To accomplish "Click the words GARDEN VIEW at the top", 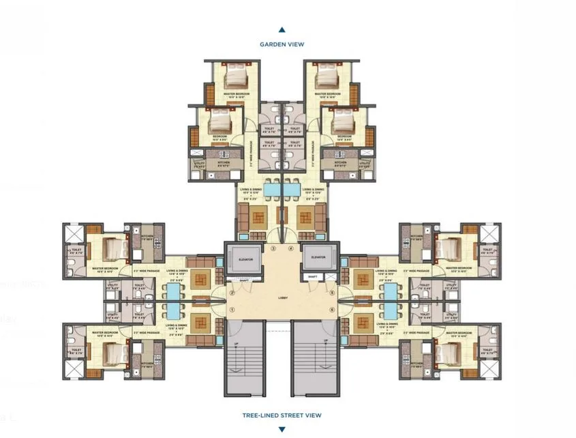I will [282, 44].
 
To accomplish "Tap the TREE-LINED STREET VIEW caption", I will [282, 415].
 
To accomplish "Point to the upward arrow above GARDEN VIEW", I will [282, 30].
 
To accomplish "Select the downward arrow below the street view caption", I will [282, 429].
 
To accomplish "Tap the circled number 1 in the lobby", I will [232, 310].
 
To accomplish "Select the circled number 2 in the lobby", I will [232, 293].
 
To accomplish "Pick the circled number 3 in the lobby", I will [273, 249].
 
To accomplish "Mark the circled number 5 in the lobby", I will [332, 293].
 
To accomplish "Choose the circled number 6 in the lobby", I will [332, 310].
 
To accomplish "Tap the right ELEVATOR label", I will [318, 257].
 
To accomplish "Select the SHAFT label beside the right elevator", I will [312, 276].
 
